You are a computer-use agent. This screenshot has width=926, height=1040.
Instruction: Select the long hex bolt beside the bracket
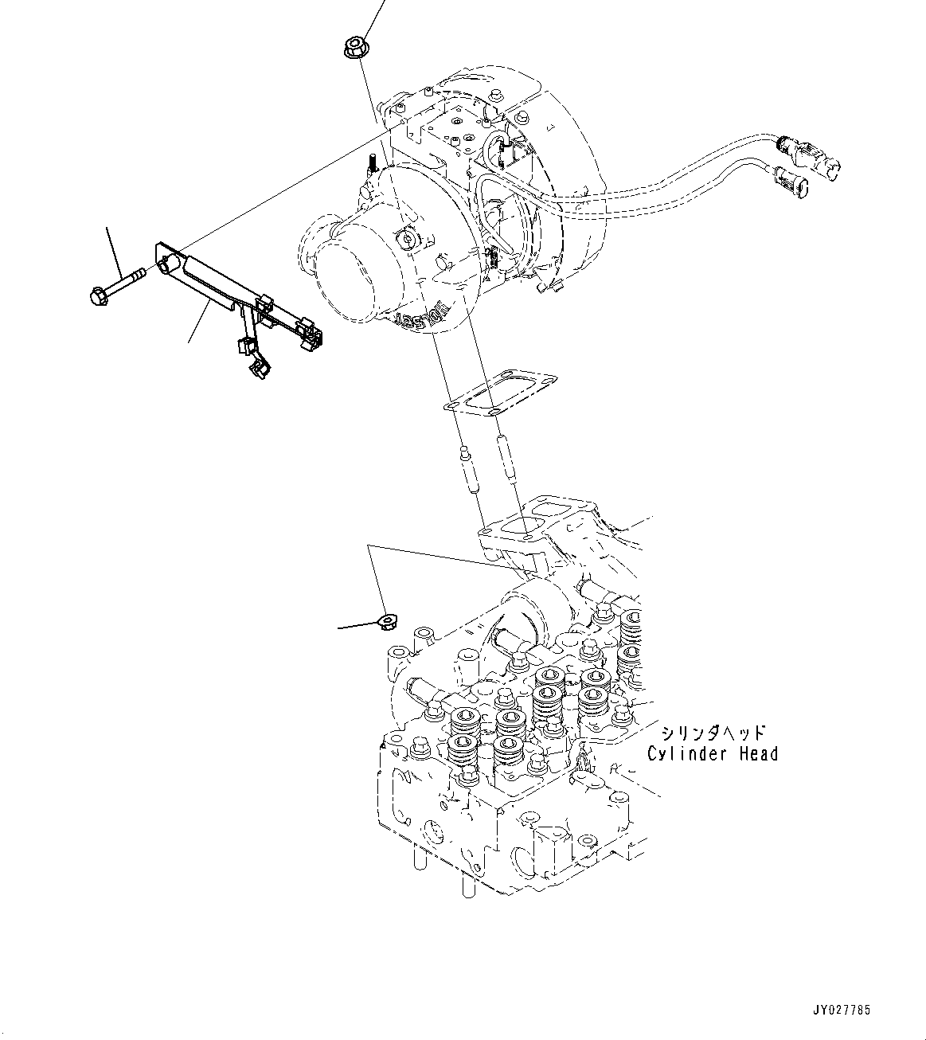[115, 285]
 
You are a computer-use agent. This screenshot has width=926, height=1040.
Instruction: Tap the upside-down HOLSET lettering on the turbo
[421, 319]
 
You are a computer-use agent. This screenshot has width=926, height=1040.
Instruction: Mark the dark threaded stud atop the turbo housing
[371, 164]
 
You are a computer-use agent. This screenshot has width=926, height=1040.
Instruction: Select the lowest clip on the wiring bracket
[260, 367]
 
